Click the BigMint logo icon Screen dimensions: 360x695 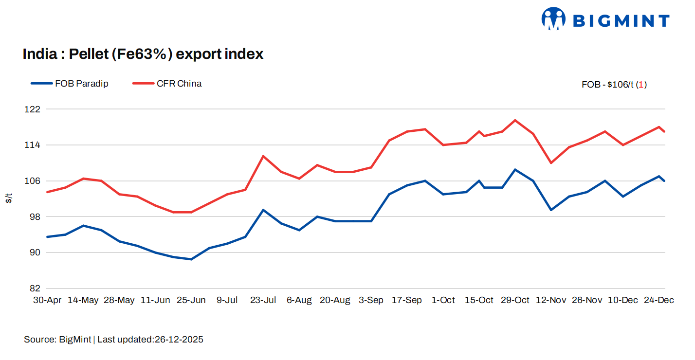pyautogui.click(x=553, y=19)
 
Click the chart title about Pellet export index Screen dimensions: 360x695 pyautogui.click(x=143, y=54)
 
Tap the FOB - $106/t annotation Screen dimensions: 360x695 pyautogui.click(x=614, y=85)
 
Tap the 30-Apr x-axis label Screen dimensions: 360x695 pyautogui.click(x=47, y=300)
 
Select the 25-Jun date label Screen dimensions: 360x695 pyautogui.click(x=191, y=300)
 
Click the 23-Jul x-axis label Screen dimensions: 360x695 pyautogui.click(x=263, y=300)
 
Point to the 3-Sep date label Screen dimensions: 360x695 pyautogui.click(x=371, y=300)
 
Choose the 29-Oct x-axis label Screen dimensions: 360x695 pyautogui.click(x=515, y=300)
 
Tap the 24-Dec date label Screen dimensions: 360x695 pyautogui.click(x=659, y=300)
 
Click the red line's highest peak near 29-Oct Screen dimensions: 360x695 pyautogui.click(x=515, y=120)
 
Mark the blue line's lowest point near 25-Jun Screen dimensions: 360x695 pyautogui.click(x=191, y=259)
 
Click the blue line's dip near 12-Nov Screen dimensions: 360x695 pyautogui.click(x=551, y=210)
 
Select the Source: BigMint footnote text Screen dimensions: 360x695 pyautogui.click(x=113, y=340)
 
